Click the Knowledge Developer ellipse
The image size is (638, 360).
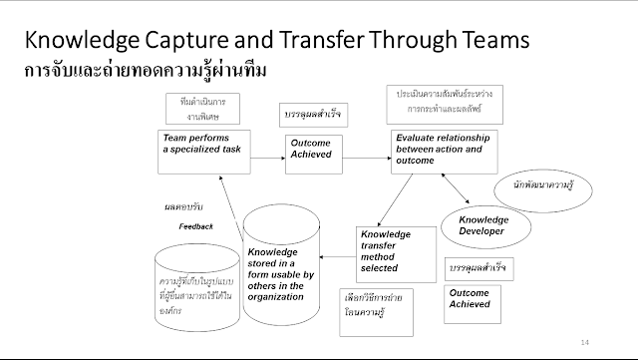point(482,225)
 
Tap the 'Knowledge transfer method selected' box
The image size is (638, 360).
point(396,253)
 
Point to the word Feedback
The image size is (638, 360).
point(196,227)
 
